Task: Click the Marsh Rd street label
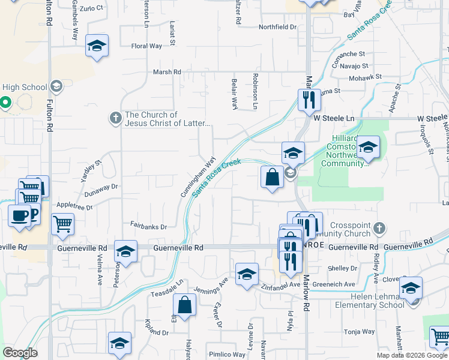tap(167, 72)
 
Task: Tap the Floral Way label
tap(146, 46)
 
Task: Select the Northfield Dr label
tap(277, 27)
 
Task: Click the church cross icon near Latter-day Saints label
tap(116, 117)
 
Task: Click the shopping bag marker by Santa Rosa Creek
tap(272, 178)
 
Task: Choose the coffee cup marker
tap(19, 215)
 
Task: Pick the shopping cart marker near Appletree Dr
tap(63, 224)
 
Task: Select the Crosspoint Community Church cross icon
tap(378, 228)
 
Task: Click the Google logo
tap(20, 353)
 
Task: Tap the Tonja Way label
tap(359, 331)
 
